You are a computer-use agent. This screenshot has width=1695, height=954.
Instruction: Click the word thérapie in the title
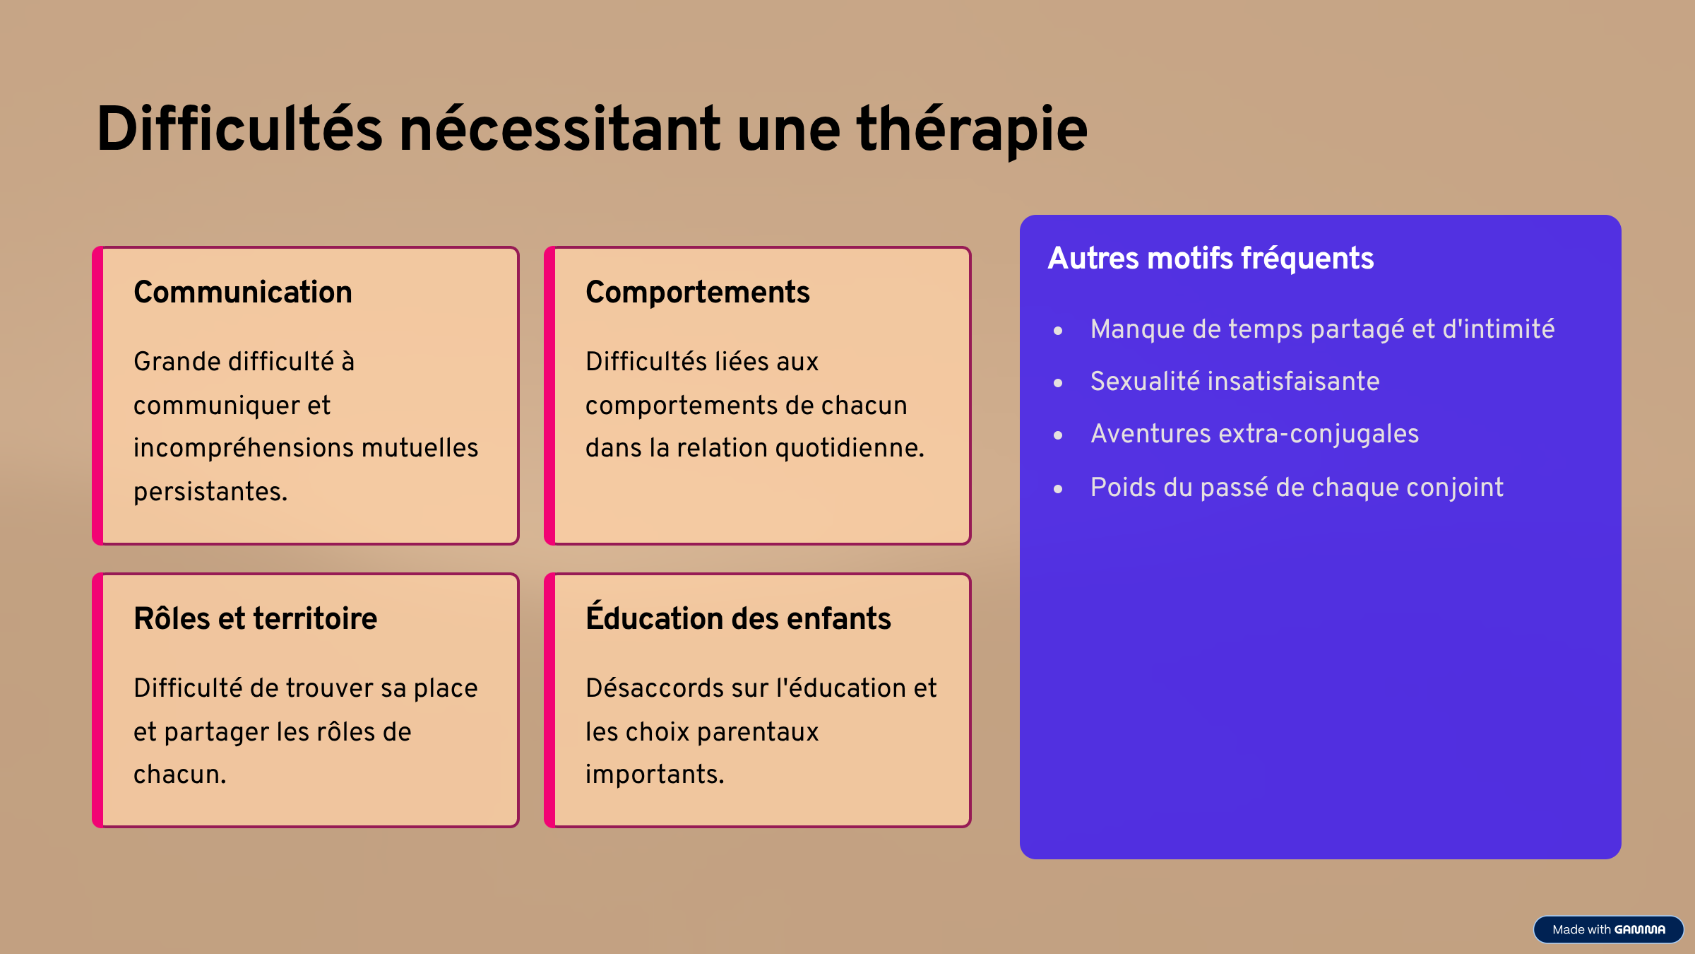pyautogui.click(x=972, y=130)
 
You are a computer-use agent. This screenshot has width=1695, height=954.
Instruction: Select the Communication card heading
pyautogui.click(x=243, y=292)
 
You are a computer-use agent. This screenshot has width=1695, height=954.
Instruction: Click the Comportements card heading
pyautogui.click(x=698, y=293)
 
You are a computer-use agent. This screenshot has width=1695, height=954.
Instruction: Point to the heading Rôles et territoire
pyautogui.click(x=256, y=618)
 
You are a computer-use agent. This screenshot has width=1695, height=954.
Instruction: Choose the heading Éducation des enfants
pyautogui.click(x=738, y=616)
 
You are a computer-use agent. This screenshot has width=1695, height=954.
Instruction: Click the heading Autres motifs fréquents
pyautogui.click(x=1211, y=259)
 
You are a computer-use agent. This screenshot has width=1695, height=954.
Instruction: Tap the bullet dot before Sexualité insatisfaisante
pyautogui.click(x=1058, y=383)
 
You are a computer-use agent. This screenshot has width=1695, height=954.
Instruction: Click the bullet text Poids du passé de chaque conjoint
pyautogui.click(x=1297, y=488)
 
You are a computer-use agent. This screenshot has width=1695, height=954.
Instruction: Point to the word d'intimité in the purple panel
pyautogui.click(x=1499, y=329)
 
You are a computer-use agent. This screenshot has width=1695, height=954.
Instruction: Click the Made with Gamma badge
pyautogui.click(x=1608, y=929)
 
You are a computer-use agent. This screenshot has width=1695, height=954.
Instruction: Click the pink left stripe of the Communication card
pyautogui.click(x=98, y=396)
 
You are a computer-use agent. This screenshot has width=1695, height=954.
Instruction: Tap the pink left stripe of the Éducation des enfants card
pyautogui.click(x=550, y=700)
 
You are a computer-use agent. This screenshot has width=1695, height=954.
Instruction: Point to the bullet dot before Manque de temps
pyautogui.click(x=1058, y=331)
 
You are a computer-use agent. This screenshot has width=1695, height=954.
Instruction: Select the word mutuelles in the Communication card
pyautogui.click(x=420, y=448)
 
